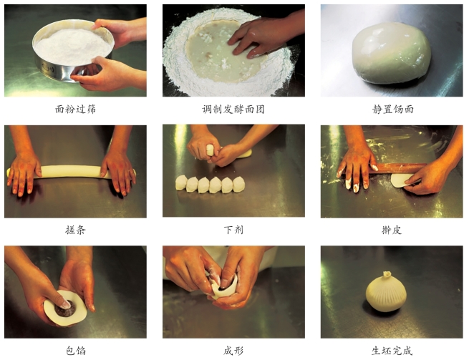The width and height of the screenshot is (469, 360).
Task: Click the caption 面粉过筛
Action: point(75,110)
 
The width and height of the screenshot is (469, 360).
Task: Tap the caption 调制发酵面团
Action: point(233,110)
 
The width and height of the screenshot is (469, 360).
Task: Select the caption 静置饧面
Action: point(392,110)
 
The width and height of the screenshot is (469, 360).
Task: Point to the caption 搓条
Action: point(75,230)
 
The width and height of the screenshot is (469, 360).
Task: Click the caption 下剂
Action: point(233,230)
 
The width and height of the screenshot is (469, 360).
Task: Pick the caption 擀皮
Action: point(392,230)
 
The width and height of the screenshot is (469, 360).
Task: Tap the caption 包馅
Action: point(75,351)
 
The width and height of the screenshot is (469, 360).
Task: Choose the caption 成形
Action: point(233,351)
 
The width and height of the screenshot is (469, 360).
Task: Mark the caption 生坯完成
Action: point(392,351)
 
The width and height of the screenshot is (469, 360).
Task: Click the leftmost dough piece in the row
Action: point(181,183)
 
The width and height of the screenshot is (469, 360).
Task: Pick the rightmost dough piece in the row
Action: point(238,185)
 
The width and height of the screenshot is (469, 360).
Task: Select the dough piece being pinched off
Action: point(211,150)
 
